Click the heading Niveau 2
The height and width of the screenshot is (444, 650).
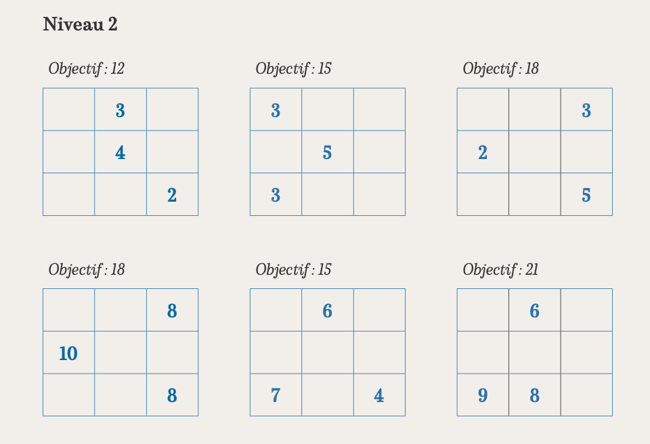click(80, 25)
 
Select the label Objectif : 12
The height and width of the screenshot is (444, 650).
click(86, 68)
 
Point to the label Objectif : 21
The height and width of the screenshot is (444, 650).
click(500, 269)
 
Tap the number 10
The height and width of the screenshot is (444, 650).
click(68, 353)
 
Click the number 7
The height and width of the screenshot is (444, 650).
click(276, 395)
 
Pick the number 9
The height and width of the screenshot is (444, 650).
click(483, 395)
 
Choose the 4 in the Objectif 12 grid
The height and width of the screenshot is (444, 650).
click(120, 153)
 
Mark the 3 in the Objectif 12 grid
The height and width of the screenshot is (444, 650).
click(120, 110)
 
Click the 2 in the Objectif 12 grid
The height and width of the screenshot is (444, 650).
click(172, 196)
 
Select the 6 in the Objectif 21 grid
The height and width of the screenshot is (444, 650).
click(534, 311)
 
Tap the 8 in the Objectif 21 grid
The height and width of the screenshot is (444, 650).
click(534, 395)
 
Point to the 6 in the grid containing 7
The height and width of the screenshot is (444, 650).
click(327, 311)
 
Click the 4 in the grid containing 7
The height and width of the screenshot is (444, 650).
click(379, 395)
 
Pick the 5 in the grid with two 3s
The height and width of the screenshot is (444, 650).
click(327, 153)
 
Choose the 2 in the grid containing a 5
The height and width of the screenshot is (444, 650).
click(483, 153)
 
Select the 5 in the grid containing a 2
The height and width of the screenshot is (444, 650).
click(586, 196)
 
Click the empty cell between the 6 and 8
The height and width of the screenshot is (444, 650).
click(534, 353)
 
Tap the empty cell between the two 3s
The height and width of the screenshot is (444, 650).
click(276, 152)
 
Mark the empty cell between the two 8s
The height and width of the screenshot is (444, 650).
click(172, 353)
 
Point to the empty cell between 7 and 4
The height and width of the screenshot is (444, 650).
click(327, 395)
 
